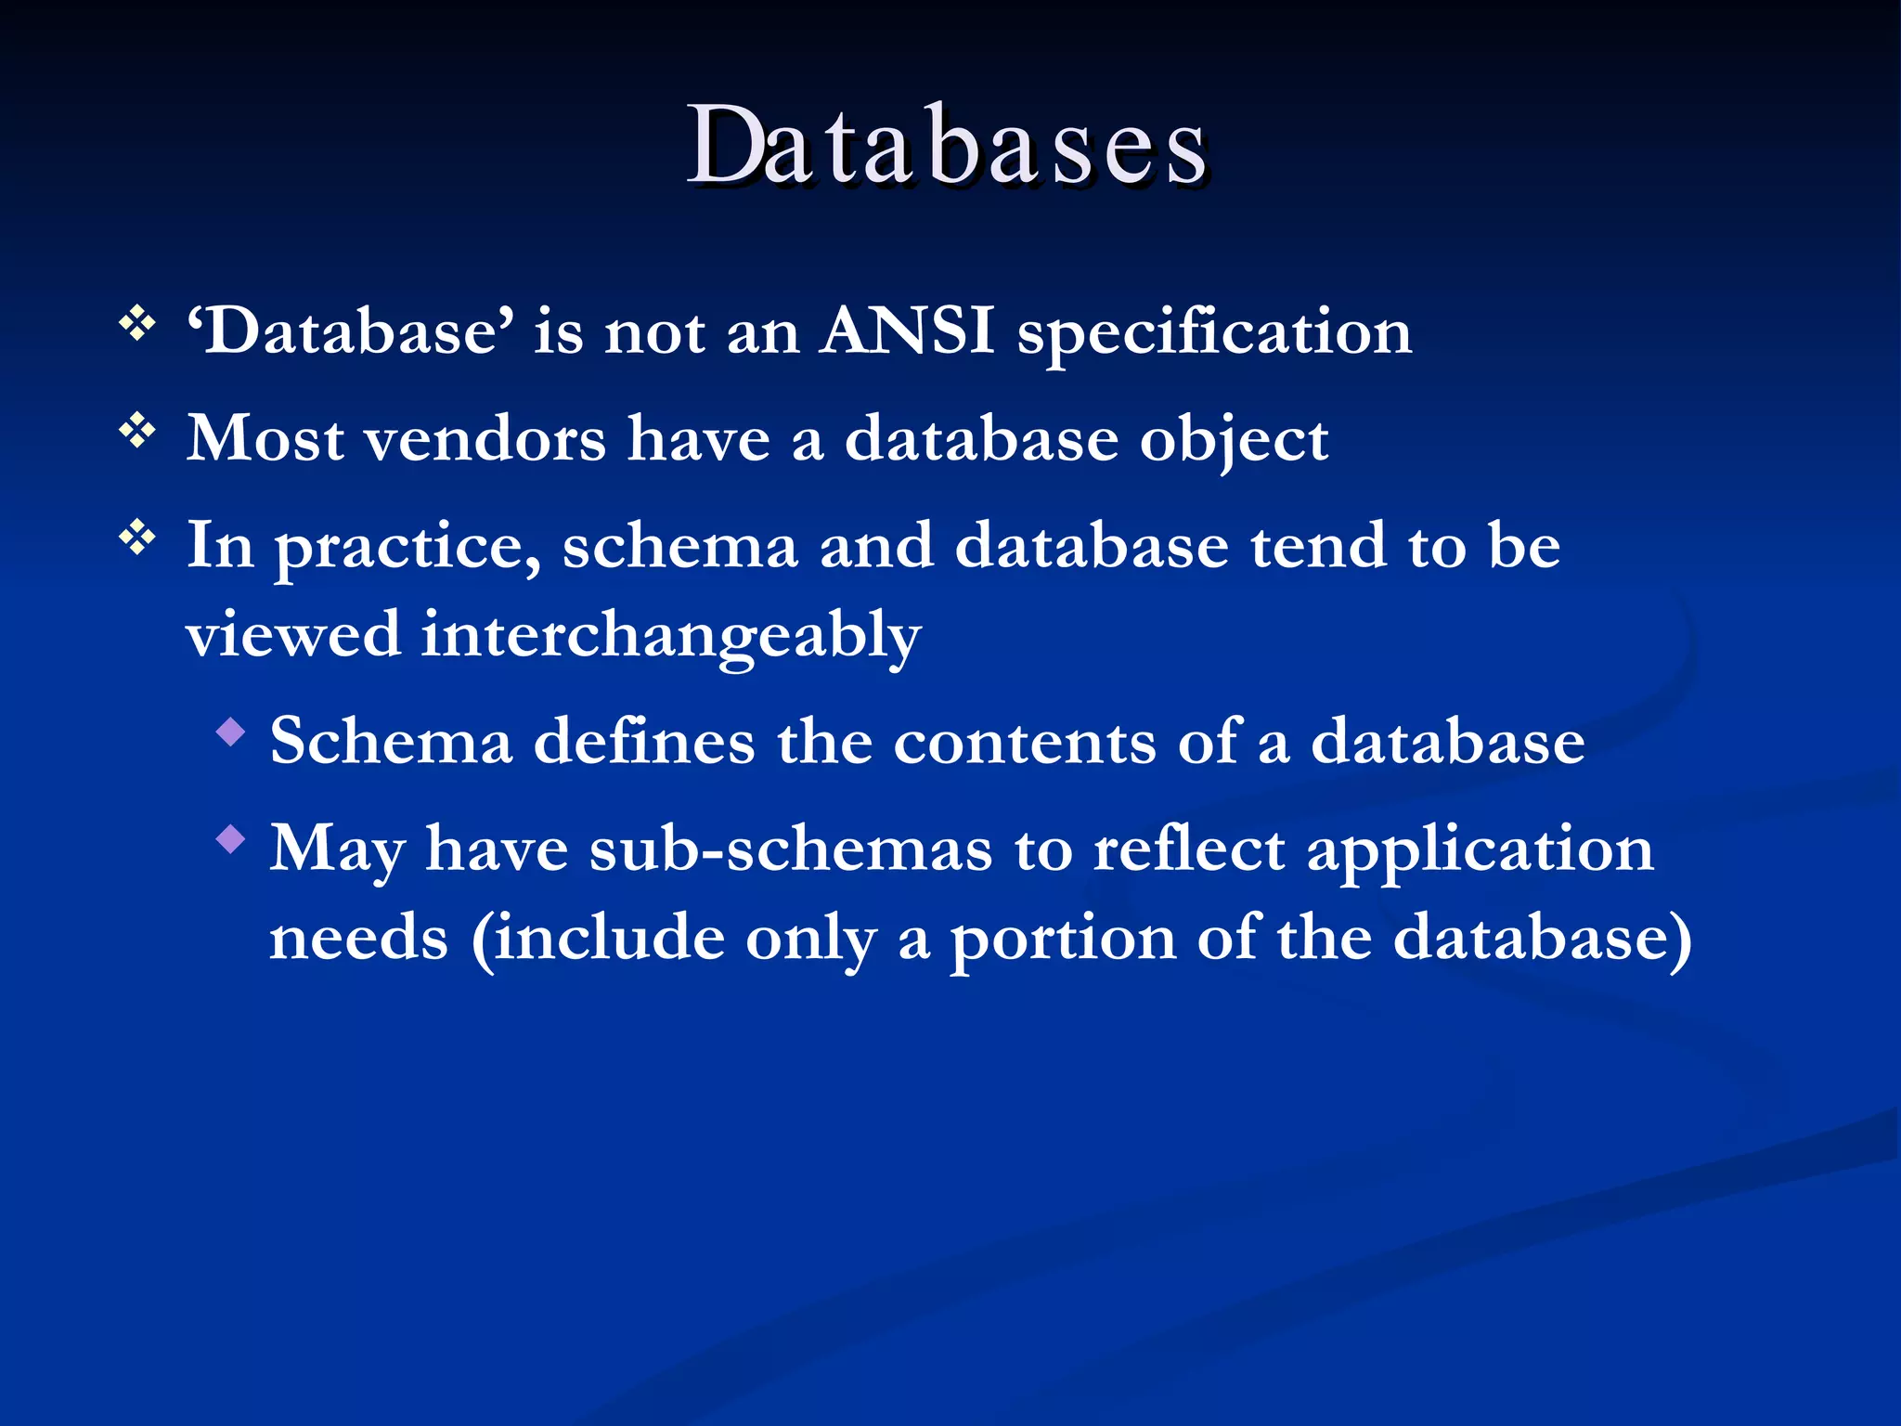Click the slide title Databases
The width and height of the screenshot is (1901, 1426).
[x=947, y=147]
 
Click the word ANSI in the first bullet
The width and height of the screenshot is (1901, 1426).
[x=907, y=331]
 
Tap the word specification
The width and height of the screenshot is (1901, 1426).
[x=1214, y=333]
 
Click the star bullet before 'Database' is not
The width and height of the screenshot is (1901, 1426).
[x=137, y=324]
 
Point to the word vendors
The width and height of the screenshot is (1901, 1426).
[x=485, y=439]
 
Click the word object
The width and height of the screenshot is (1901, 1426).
[x=1234, y=441]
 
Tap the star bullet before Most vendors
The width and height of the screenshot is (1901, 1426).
[x=137, y=431]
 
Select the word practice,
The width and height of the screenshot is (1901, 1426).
[x=407, y=548]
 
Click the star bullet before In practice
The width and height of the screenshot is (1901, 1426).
[x=137, y=538]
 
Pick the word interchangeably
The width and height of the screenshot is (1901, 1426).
[x=670, y=638]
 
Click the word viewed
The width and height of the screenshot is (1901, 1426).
[x=293, y=636]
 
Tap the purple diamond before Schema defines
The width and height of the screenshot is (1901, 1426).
[x=230, y=732]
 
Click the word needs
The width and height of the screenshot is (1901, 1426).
[x=359, y=938]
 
